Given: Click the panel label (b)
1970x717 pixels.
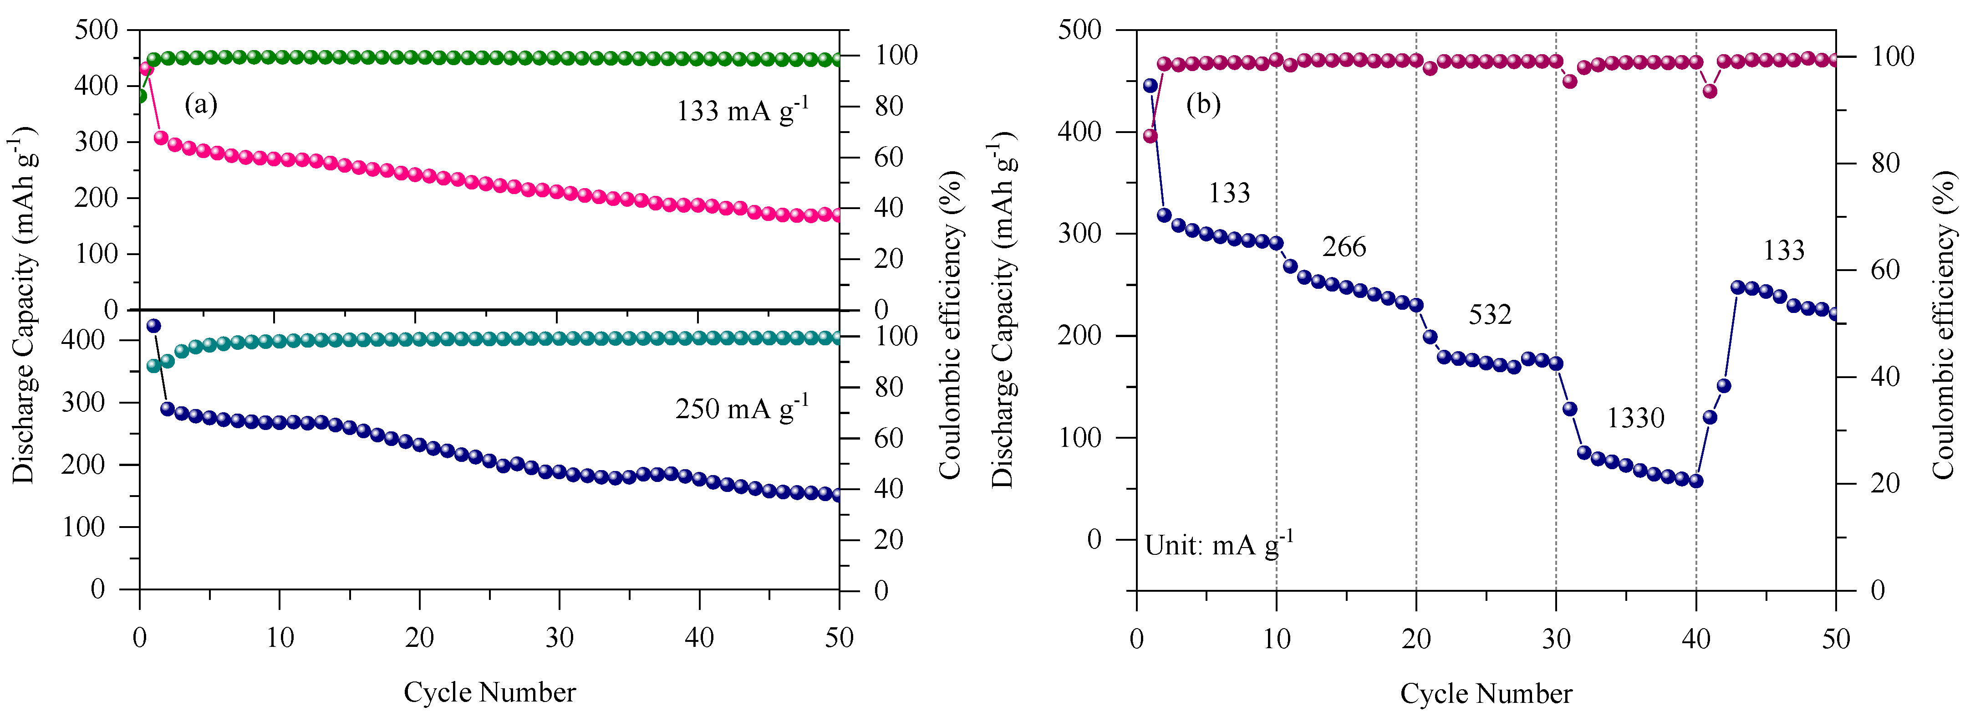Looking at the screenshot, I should (1203, 104).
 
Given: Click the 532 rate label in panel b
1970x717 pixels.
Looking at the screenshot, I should (1490, 314).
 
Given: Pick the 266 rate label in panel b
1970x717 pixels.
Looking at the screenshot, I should (1344, 247).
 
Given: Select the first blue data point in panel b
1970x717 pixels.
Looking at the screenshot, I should (1150, 86).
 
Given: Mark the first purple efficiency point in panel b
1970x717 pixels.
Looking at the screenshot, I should (1150, 136).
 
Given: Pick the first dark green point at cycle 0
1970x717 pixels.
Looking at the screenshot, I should (140, 96).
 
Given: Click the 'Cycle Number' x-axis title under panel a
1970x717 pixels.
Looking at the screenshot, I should (489, 692).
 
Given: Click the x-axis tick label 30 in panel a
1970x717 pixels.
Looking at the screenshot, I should (559, 637).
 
